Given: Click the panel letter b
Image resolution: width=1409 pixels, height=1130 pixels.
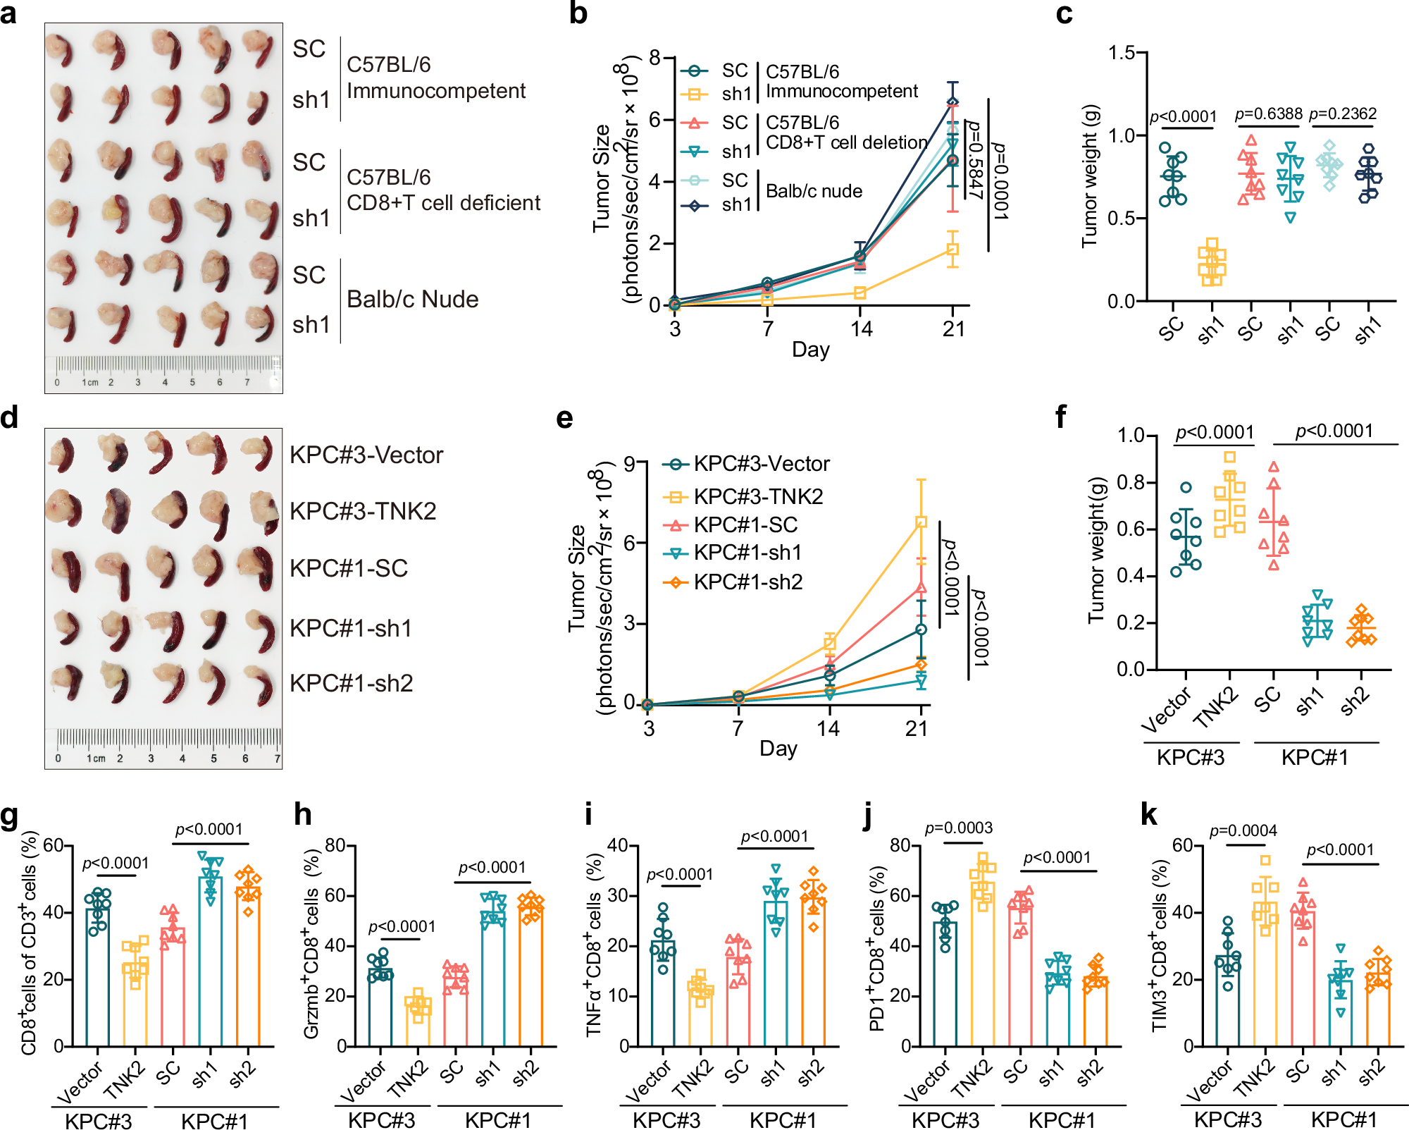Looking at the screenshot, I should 578,14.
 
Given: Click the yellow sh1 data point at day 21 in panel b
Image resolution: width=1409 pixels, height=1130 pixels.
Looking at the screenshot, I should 952,250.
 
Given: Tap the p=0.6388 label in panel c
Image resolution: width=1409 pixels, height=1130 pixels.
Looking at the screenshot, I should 1268,114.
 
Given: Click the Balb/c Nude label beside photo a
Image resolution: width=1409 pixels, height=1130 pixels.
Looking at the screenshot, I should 412,300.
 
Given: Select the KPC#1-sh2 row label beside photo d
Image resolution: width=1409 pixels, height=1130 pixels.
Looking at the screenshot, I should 351,684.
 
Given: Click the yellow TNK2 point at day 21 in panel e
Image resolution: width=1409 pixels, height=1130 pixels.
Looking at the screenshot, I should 921,522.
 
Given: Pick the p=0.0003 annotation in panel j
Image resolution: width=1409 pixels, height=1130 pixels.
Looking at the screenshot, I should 959,828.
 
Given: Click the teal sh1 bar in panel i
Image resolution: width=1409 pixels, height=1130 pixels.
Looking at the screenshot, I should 776,973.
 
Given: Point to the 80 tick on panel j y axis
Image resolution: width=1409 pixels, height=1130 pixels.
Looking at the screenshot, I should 900,845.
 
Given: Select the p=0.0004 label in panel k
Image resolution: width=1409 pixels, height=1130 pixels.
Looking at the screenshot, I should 1243,831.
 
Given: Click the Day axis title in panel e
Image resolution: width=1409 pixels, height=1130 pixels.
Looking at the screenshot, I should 778,749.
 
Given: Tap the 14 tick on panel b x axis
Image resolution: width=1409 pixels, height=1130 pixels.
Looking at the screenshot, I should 860,329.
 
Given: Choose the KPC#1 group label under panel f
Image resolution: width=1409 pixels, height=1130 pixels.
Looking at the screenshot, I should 1315,758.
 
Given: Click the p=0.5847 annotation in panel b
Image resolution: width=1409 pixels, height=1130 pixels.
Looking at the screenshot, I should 974,160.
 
